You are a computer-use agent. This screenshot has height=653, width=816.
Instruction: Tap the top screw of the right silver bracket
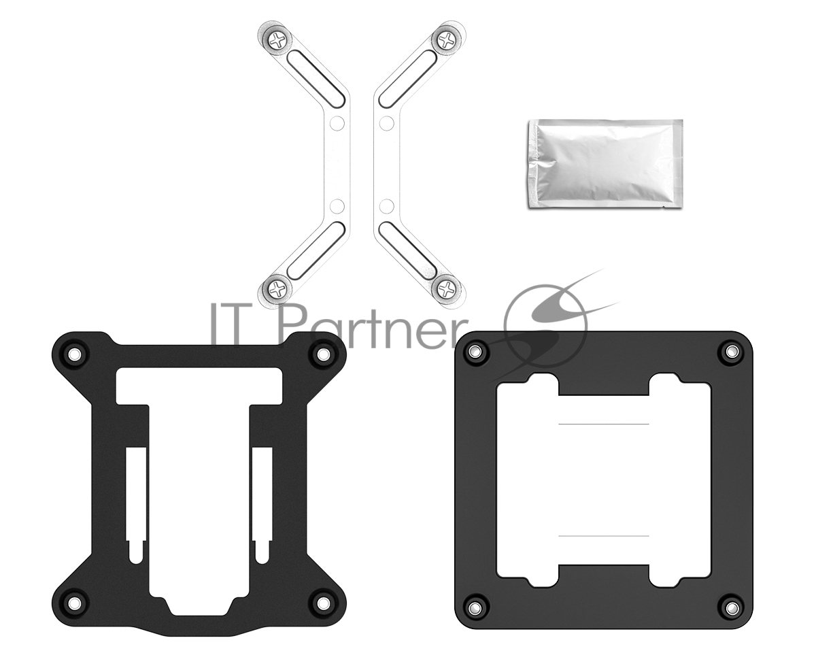pyautogui.click(x=447, y=39)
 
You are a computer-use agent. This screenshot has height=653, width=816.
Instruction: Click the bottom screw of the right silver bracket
pyautogui.click(x=447, y=290)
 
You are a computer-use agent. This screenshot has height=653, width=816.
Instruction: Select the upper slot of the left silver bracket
pyautogui.click(x=316, y=78)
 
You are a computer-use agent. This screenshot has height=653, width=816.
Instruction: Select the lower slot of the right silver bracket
pyautogui.click(x=408, y=251)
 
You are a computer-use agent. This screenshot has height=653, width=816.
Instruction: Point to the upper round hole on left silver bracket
pyautogui.click(x=337, y=123)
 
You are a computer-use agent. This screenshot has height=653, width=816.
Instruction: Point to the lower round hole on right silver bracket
pyautogui.click(x=387, y=206)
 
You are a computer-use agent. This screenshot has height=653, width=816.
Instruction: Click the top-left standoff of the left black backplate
pyautogui.click(x=74, y=354)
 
